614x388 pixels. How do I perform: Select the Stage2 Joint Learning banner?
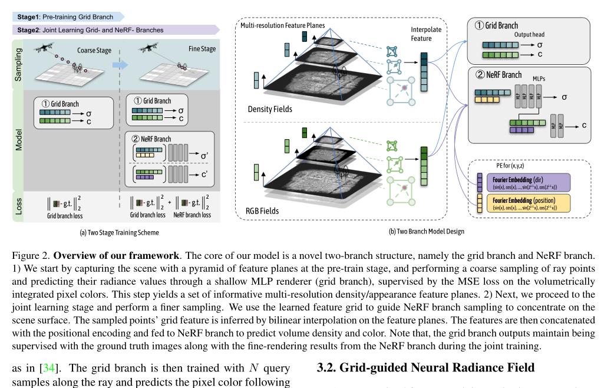88,29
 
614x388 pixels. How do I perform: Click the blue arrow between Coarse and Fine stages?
120,64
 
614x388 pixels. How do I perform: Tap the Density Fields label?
271,110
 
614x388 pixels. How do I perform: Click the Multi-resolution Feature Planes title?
280,27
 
